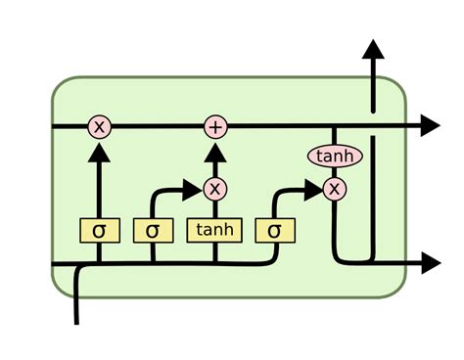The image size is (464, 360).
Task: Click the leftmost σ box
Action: coord(99,231)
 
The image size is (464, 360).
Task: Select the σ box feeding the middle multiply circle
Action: coord(153,231)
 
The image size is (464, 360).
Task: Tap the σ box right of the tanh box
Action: coord(274,231)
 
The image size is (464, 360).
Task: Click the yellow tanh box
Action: coord(214,231)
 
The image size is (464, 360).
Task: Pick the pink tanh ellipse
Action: coord(335,156)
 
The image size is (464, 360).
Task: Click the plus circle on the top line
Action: coord(214,125)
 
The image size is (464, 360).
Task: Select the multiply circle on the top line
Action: coord(99,125)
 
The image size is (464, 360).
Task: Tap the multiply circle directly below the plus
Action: coord(214,189)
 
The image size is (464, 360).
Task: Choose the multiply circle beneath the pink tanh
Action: coord(335,188)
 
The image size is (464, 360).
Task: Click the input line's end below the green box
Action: coord(76,318)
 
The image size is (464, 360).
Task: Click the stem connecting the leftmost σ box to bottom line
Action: coord(99,252)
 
